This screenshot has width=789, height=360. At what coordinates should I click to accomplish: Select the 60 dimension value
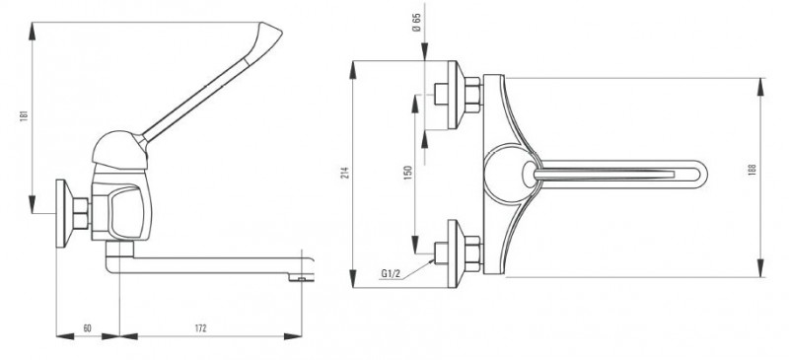tap(87, 328)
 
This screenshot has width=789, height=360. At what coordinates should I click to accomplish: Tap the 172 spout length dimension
tap(200, 328)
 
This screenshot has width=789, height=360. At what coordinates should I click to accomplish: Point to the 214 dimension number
tap(345, 174)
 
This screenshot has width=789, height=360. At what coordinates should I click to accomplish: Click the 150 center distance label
tap(408, 173)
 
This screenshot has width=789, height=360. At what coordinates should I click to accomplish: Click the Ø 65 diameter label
tap(416, 23)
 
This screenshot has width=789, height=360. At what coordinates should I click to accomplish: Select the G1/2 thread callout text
tap(391, 273)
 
